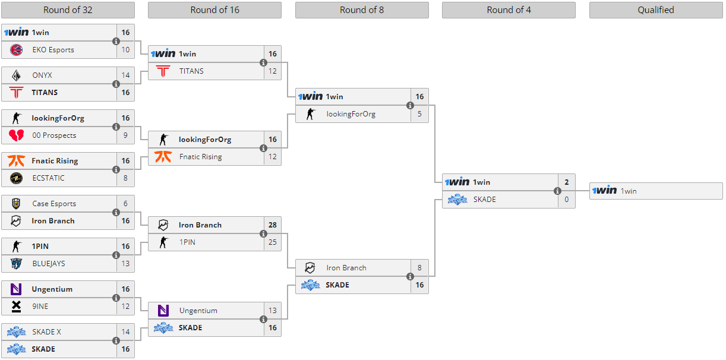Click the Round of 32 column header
[68, 10]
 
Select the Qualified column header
[656, 10]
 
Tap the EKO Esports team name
[53, 50]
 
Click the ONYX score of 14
[125, 75]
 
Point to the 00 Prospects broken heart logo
[17, 135]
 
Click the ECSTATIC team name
[49, 178]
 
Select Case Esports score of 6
[125, 204]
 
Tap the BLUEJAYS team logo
[17, 264]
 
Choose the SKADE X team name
[47, 332]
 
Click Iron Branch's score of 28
[273, 225]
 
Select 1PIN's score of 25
[273, 242]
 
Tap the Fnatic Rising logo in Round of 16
[163, 157]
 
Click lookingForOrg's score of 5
[419, 114]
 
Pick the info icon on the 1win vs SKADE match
[557, 191]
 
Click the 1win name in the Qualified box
[629, 191]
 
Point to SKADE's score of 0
[566, 200]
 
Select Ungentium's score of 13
[273, 311]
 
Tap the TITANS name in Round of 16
[191, 71]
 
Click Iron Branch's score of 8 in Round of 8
[419, 268]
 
